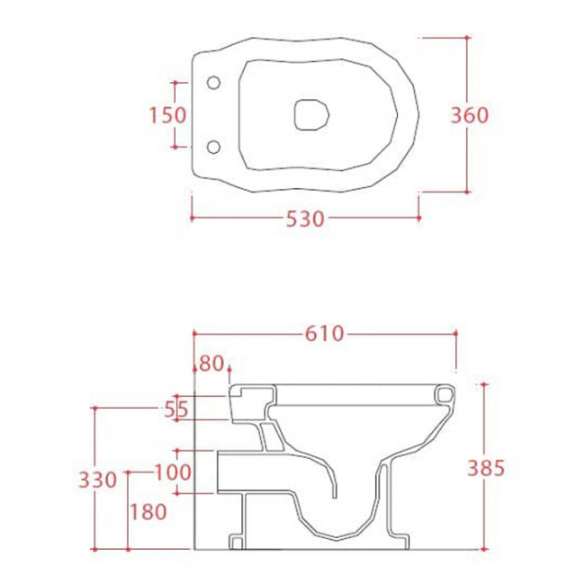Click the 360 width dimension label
(469, 115)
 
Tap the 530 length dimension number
(305, 219)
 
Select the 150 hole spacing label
(167, 115)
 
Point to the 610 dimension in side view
(324, 334)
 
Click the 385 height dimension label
(486, 468)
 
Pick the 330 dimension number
(98, 480)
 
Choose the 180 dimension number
(148, 511)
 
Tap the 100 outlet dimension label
(173, 472)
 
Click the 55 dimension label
(176, 410)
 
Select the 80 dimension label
(211, 364)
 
